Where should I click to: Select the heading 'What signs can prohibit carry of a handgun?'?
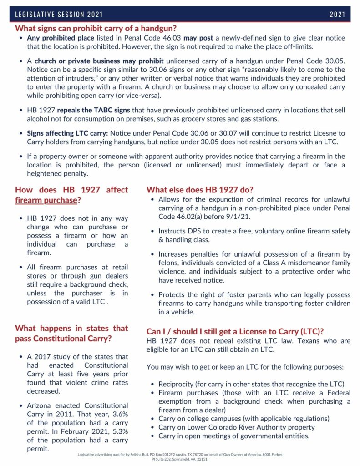pos(96,28)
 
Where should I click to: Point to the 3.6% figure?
pos(118,414)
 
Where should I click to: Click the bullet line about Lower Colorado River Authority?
pos(236,427)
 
